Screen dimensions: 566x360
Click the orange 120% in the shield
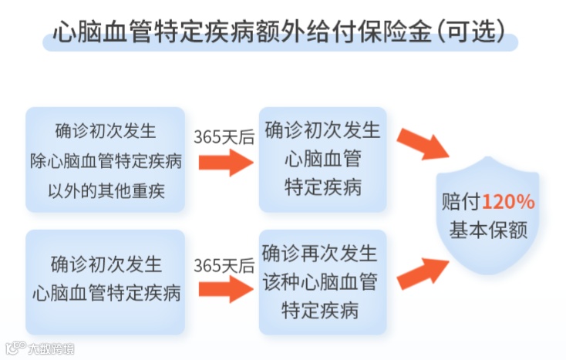click(508, 202)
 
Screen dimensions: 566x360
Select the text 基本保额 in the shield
click(489, 229)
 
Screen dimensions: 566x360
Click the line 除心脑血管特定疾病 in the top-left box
click(106, 160)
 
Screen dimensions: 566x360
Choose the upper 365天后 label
click(224, 136)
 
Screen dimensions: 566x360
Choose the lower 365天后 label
click(224, 266)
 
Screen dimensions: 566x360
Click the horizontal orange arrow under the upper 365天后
click(225, 162)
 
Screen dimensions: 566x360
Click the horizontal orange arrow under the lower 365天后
click(225, 290)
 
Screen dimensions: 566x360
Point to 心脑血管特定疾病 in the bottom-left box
click(106, 293)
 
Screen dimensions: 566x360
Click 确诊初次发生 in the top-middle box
click(322, 130)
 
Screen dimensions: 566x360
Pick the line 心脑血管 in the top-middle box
click(322, 159)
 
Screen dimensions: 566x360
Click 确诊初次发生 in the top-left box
click(106, 131)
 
